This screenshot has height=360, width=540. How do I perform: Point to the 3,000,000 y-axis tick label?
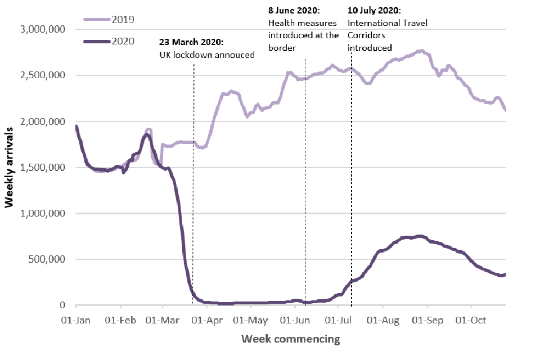(x=43, y=29)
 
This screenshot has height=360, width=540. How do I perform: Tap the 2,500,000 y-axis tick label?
(x=43, y=75)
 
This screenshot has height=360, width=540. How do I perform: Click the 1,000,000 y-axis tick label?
(x=43, y=214)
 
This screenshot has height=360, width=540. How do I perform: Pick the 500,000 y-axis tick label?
(x=48, y=259)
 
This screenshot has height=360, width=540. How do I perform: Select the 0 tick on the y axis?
(x=63, y=305)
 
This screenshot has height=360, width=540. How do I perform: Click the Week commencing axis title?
(x=291, y=339)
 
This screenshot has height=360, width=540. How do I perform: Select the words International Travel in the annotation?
(x=388, y=23)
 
